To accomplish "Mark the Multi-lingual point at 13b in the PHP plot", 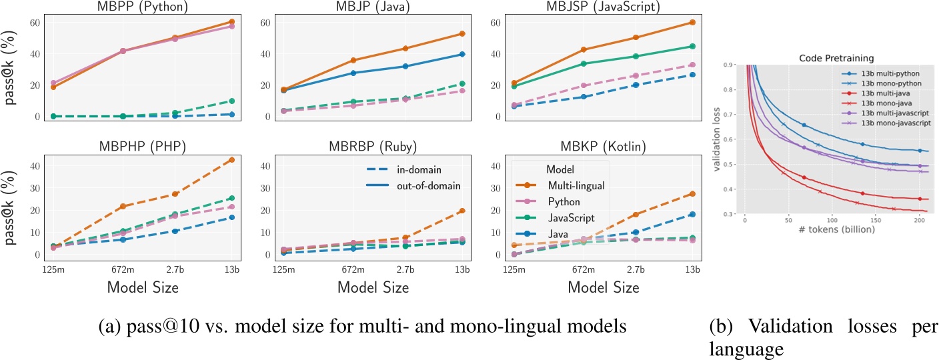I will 231,160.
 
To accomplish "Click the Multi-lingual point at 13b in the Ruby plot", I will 461,211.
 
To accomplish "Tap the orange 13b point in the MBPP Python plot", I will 231,22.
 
